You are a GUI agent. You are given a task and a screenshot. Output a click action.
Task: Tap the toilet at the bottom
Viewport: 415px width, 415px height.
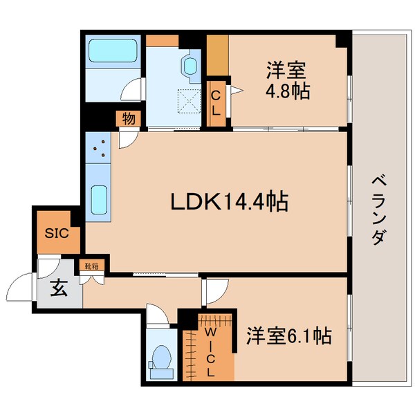163,360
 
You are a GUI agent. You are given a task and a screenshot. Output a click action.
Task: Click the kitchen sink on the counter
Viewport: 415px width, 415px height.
98,200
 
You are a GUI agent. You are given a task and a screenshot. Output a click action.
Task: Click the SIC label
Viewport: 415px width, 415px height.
57,232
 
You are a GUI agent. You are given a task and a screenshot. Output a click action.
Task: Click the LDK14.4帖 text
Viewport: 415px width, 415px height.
229,202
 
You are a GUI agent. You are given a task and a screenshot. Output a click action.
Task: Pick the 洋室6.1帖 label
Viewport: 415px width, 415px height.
288,337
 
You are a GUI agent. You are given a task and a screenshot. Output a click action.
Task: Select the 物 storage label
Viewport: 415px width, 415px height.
129,118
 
